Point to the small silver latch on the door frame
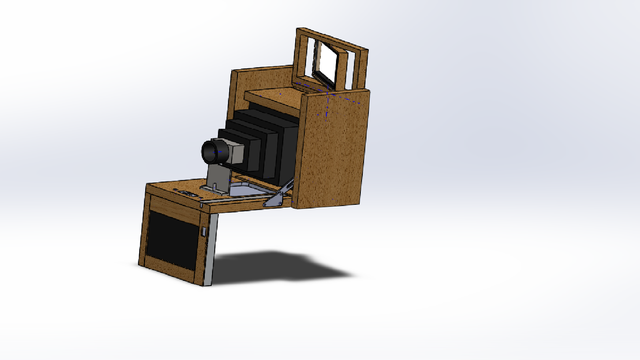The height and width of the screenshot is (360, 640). (204, 231)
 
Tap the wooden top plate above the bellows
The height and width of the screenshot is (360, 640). (272, 96)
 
